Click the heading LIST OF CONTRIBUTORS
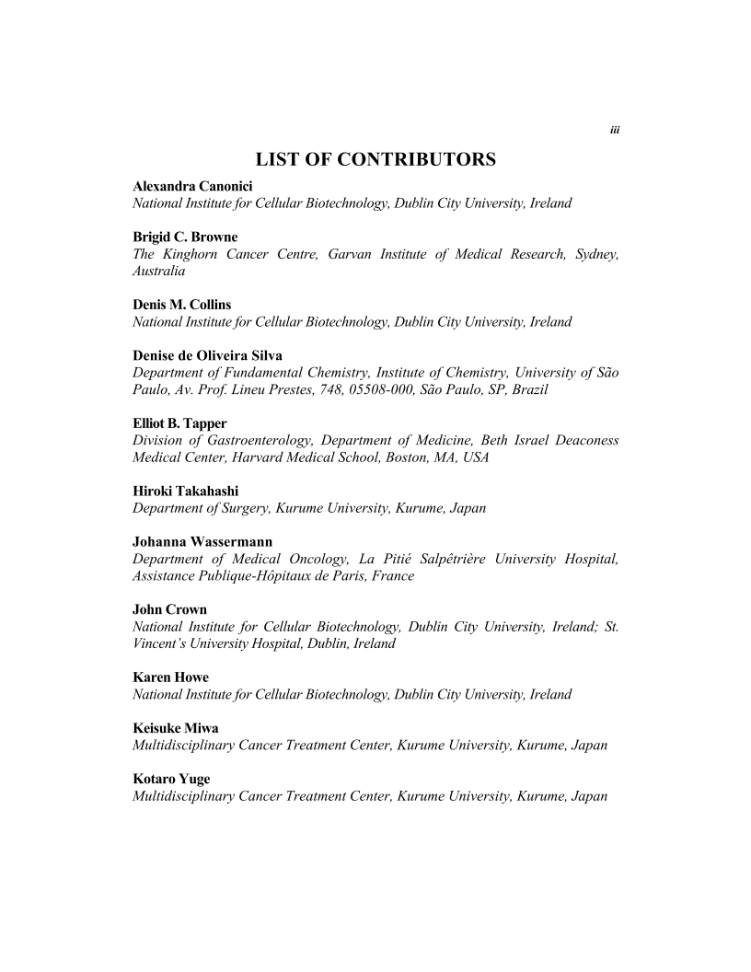(x=375, y=160)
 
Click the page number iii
(x=615, y=130)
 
